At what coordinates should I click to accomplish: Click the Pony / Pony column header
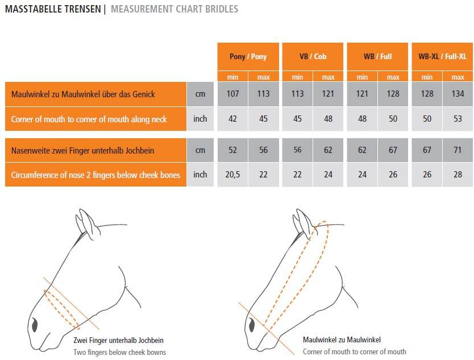point(248,56)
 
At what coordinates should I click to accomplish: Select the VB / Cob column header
point(313,56)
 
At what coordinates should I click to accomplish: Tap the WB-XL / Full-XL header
point(442,56)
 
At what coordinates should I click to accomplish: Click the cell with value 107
point(232,94)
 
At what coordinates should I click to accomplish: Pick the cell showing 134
point(458,94)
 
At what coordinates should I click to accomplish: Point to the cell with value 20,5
point(232,175)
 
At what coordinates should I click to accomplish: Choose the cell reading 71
point(458,150)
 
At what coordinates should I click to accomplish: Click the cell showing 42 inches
point(232,119)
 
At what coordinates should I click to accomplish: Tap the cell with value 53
point(458,119)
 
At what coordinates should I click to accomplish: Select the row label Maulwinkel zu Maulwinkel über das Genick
point(83,94)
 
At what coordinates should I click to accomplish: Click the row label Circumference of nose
point(95,175)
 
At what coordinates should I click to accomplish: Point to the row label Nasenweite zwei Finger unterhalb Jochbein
point(82,150)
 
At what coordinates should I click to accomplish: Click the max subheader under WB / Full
point(393,77)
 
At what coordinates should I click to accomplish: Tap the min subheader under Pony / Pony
point(232,77)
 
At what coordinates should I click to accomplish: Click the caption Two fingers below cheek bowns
point(119,353)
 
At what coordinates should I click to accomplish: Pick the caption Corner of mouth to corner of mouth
point(354,352)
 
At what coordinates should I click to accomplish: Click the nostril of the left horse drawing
point(35,325)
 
